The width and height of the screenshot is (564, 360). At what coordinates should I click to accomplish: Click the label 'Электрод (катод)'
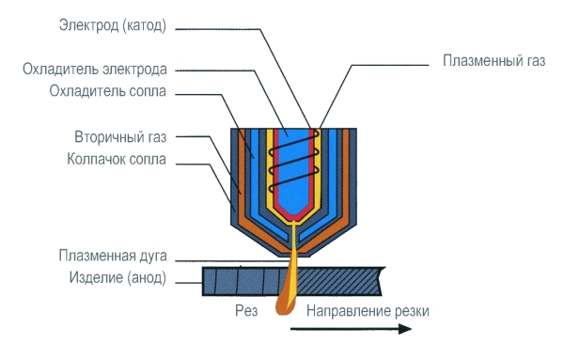[x=111, y=25]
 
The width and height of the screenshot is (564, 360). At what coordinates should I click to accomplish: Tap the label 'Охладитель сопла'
[x=112, y=91]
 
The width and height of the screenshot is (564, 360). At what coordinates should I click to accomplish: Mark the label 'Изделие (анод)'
[x=117, y=277]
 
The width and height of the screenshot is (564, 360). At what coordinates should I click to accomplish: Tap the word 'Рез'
[x=246, y=309]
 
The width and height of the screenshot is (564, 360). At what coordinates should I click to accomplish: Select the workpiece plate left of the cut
[x=240, y=278]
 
